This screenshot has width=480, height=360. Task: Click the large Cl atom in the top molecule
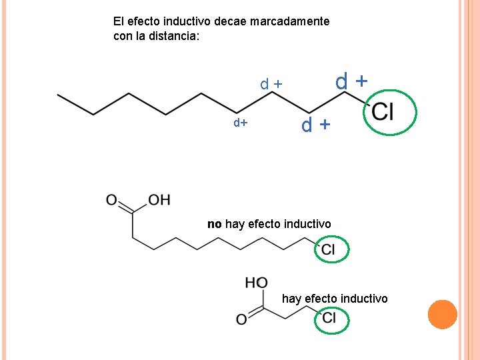click(383, 112)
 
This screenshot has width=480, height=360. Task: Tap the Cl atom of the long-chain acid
click(329, 250)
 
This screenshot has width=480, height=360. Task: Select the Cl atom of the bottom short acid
click(329, 319)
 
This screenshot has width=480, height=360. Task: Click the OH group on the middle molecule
click(159, 199)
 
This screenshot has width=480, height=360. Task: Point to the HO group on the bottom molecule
click(256, 283)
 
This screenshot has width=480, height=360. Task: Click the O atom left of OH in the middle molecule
click(111, 199)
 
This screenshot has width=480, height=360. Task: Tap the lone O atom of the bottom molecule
click(241, 321)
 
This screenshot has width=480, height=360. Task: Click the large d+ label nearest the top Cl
click(351, 82)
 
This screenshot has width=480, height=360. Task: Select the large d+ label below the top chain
click(315, 125)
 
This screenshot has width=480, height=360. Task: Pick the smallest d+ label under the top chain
click(240, 123)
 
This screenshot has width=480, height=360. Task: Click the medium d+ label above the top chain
click(271, 85)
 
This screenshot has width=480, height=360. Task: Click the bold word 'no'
click(214, 224)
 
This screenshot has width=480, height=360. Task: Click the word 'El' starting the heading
click(119, 21)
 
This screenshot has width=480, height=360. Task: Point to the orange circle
click(442, 315)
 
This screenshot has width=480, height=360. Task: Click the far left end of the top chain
click(59, 95)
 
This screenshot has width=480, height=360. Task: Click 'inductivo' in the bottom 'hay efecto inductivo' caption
click(365, 299)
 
